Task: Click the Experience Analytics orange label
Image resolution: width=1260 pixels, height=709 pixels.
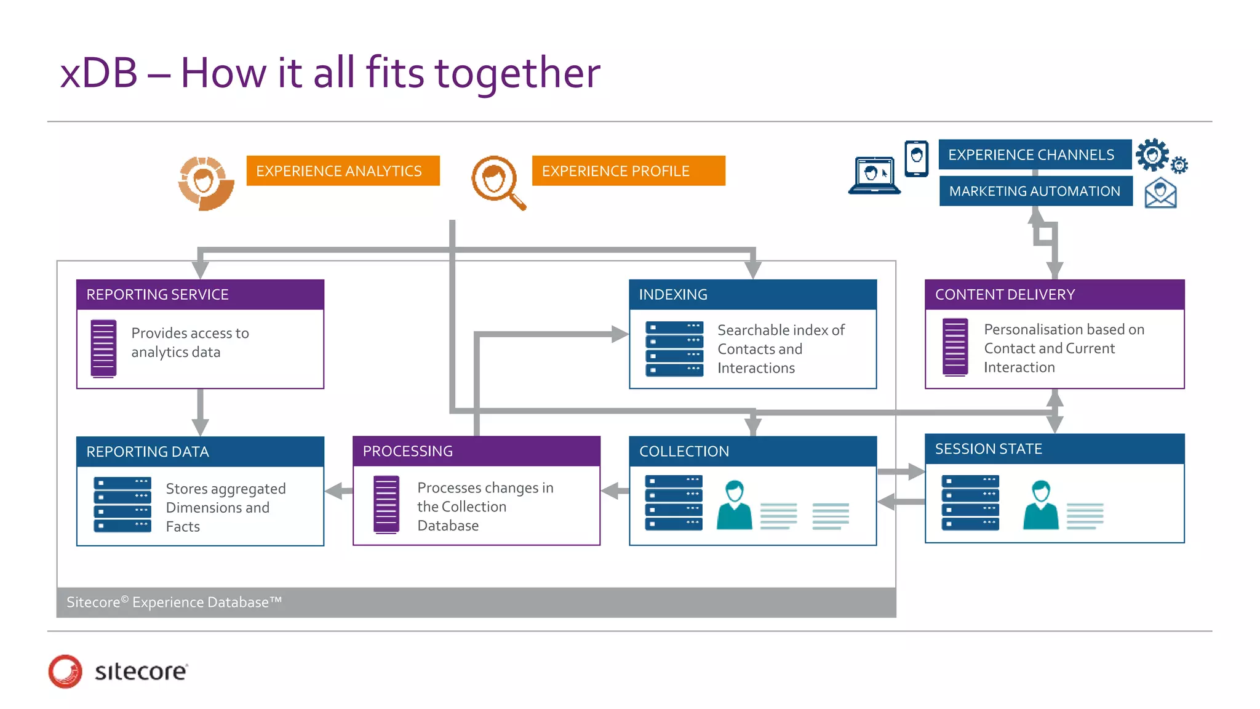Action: tap(343, 170)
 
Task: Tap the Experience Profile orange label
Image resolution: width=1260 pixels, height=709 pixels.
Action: tap(628, 170)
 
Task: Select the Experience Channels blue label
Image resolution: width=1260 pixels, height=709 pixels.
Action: tap(1034, 154)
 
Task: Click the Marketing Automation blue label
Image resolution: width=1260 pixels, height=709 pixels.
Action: tap(1035, 191)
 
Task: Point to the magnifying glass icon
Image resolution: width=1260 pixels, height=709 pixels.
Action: tap(497, 182)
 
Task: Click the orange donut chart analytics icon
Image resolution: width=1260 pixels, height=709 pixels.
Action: tap(205, 183)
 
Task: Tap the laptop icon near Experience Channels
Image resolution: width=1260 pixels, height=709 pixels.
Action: tap(874, 176)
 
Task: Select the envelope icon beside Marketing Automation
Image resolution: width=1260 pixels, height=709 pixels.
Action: tap(1160, 193)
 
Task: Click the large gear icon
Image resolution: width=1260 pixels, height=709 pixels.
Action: tap(1152, 154)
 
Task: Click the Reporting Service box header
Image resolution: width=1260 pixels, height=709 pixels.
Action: tap(200, 295)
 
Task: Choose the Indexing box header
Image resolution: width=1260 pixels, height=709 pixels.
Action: tap(752, 295)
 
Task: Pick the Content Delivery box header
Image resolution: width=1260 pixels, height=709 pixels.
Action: tap(1054, 295)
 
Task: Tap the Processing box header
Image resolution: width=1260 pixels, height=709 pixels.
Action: tap(476, 451)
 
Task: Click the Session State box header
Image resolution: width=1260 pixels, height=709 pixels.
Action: tap(1054, 449)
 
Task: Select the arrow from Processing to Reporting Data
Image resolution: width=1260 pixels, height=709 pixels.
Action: tap(338, 491)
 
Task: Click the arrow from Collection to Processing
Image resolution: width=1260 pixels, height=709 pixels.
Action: tap(615, 491)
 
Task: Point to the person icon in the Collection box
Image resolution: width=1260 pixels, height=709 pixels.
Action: tap(735, 505)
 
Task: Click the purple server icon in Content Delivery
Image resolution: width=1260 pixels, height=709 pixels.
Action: tap(955, 347)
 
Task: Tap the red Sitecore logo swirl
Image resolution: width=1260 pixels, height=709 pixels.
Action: tap(65, 671)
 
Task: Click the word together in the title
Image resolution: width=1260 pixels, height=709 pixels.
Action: tap(517, 73)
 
